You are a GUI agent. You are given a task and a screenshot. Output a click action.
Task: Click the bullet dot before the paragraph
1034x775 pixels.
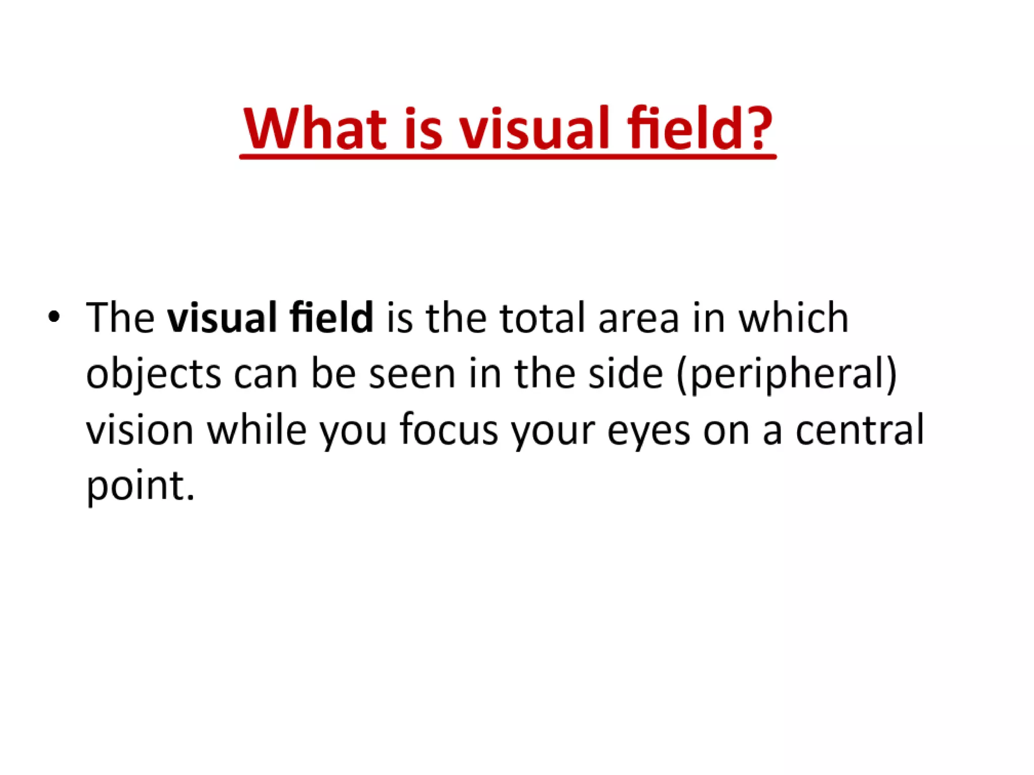(x=54, y=317)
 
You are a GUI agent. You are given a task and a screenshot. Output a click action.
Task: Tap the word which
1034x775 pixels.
(x=794, y=318)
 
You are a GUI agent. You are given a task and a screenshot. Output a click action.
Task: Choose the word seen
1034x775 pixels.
(x=412, y=374)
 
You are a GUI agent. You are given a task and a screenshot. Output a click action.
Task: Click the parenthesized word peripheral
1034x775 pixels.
(x=787, y=374)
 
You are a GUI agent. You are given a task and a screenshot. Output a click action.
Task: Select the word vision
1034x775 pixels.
(x=140, y=430)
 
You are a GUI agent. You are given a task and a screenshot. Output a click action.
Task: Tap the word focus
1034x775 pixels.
(x=449, y=430)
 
